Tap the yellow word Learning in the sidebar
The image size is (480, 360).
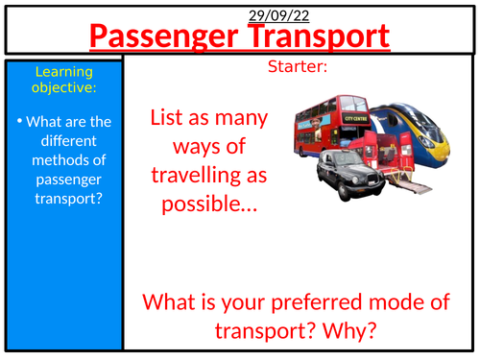click(x=63, y=72)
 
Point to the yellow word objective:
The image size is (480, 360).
click(x=63, y=88)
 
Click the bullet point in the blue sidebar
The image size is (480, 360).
click(x=21, y=121)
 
